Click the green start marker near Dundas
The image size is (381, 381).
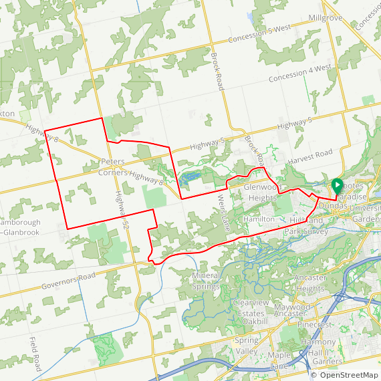point(338,184)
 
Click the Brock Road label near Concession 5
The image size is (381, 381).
point(218,72)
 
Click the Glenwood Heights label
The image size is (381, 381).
point(260,193)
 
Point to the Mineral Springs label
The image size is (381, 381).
point(205,281)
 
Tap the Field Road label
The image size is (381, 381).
point(35,354)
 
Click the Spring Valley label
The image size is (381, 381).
point(246,346)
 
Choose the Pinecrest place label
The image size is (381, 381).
point(314,325)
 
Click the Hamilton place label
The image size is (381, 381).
point(259,219)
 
